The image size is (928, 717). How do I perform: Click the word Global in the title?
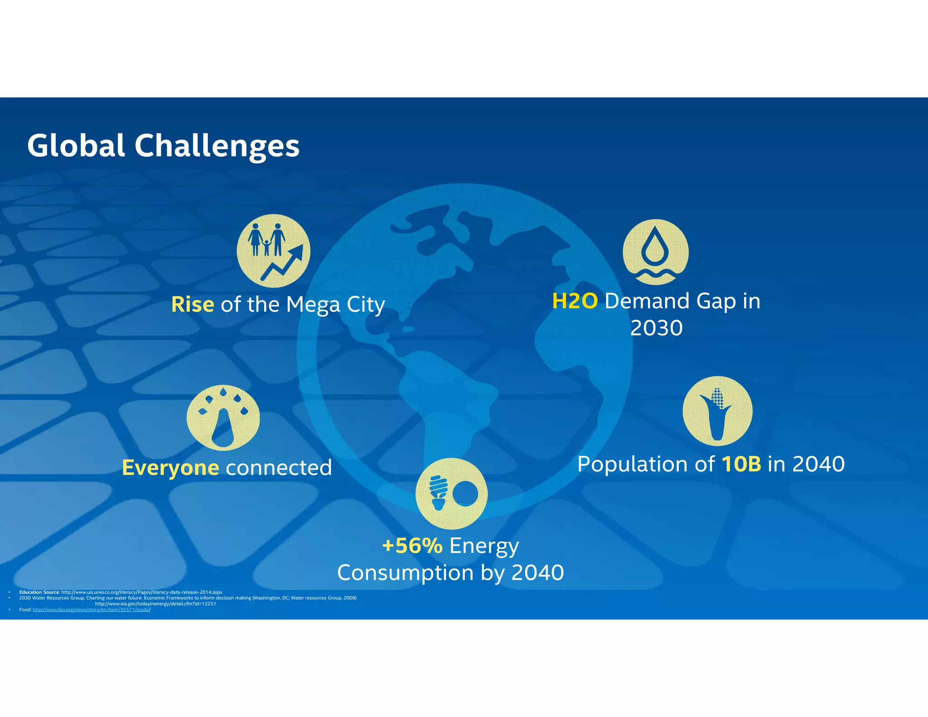76,146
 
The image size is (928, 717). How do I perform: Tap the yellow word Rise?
193,305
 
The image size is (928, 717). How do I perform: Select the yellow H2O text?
575,301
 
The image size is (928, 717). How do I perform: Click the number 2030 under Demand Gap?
656,328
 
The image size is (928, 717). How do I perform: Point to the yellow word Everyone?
170,468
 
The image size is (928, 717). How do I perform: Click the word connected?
279,468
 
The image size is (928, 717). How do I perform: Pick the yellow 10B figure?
741,464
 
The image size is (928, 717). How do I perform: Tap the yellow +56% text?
412,546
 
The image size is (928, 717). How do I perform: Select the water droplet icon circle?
655,252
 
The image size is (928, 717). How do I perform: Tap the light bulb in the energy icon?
438,492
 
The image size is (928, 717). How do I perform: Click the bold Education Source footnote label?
39,592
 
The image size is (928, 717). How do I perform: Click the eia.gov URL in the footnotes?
155,604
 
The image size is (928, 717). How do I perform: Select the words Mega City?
335,305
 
